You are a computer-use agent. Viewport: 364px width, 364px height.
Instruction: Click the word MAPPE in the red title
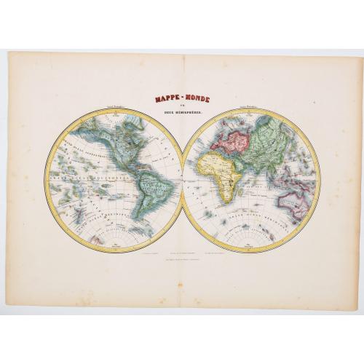(x=166, y=95)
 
